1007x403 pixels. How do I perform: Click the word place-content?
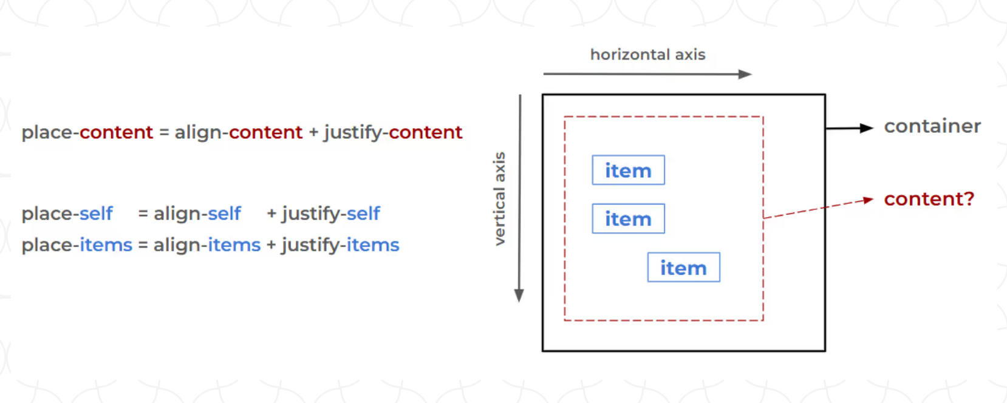[87, 132]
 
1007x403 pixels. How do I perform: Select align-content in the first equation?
[238, 132]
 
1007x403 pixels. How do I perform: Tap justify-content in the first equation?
[393, 132]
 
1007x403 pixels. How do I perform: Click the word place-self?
[67, 214]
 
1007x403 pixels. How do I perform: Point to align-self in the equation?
[197, 214]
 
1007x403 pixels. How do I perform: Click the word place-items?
[77, 245]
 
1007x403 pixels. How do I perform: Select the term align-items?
[207, 245]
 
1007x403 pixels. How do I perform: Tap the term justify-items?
[340, 245]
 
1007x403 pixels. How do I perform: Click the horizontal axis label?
[647, 55]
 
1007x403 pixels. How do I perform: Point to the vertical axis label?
[499, 198]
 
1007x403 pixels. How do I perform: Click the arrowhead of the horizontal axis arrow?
[745, 74]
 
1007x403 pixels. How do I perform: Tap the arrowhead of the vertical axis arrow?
[519, 295]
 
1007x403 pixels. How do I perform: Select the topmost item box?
[628, 171]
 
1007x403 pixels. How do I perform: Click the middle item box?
[628, 219]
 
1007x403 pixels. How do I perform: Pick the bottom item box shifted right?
[683, 268]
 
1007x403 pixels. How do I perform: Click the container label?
[932, 126]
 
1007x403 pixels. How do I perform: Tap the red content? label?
[929, 199]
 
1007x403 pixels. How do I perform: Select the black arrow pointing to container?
[849, 128]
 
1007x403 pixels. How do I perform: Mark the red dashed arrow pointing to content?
[818, 208]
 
